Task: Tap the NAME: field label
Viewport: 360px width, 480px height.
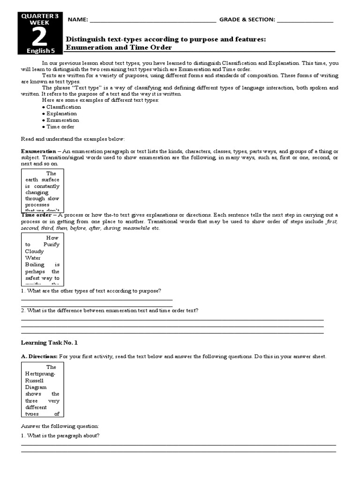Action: click(78, 20)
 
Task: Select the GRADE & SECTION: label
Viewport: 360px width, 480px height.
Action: click(247, 20)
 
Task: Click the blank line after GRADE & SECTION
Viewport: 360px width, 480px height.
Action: click(305, 21)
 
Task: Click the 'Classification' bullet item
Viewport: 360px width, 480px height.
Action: click(63, 107)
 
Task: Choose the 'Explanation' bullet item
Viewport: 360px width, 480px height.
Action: click(61, 113)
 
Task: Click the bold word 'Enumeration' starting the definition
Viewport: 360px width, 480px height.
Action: click(38, 151)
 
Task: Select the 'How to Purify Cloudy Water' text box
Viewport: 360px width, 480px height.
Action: click(43, 259)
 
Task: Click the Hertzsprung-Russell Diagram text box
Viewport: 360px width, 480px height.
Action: click(43, 390)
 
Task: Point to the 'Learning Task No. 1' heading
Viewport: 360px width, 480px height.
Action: click(49, 343)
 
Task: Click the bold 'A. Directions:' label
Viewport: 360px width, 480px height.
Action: click(39, 357)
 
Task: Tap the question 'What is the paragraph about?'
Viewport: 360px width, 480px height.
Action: click(60, 435)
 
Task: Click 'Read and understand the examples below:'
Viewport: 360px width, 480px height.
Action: click(72, 139)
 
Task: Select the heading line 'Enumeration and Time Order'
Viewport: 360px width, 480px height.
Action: click(119, 47)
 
